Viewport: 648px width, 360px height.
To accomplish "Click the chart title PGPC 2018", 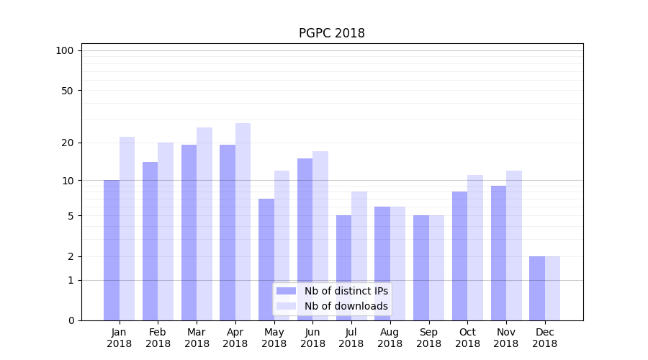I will click(332, 33).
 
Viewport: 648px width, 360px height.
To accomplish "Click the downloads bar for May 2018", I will click(282, 246).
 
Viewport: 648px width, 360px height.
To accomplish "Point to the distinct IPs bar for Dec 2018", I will click(537, 288).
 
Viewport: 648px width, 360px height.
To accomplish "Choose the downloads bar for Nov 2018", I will click(514, 246).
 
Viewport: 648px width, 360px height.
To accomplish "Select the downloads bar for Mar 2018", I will click(204, 224).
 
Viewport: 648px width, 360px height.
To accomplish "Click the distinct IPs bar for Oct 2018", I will click(459, 256).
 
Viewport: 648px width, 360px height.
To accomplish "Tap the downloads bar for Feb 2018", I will click(166, 231).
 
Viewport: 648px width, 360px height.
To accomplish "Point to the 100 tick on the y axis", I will click(65, 50).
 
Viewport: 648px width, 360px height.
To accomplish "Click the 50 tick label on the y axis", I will click(67, 91).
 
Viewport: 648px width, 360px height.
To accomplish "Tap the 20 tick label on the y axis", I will click(67, 143).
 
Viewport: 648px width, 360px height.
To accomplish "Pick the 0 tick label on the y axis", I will click(71, 320).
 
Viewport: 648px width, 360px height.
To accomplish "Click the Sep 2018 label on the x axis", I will click(428, 338).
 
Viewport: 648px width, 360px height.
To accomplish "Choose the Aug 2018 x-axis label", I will click(390, 338).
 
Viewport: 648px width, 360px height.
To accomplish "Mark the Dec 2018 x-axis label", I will click(544, 338).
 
